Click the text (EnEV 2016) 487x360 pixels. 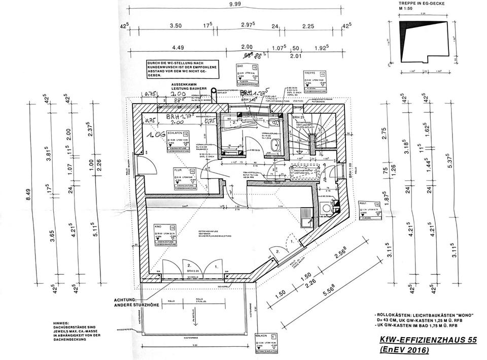404,351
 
